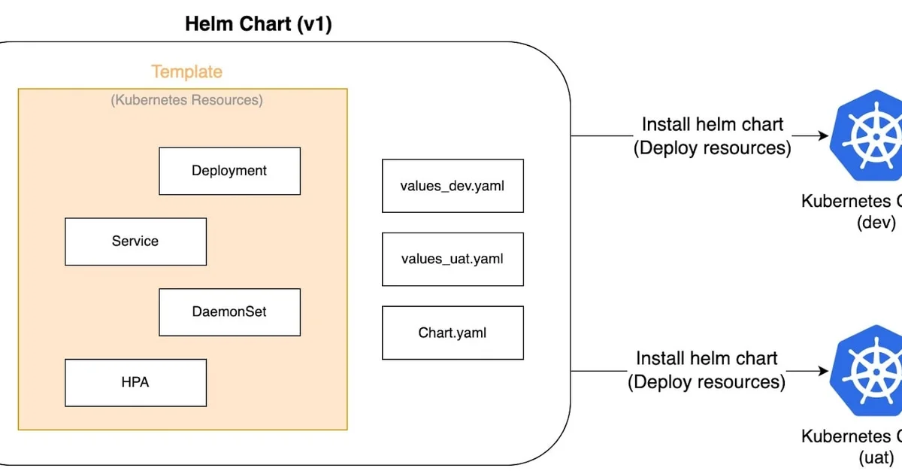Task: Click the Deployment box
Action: (229, 171)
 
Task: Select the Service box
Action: (135, 242)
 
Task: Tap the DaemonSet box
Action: (229, 311)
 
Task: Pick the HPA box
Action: (135, 382)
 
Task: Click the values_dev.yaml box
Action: (453, 185)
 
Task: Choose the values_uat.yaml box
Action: (453, 259)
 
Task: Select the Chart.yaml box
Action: (453, 332)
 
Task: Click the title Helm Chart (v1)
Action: (259, 24)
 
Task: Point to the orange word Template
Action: (186, 72)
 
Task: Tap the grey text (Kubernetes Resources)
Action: (186, 100)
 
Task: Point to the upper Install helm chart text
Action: (712, 125)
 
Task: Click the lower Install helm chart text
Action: (707, 359)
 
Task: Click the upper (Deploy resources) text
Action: (712, 148)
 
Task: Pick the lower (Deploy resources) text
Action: (707, 382)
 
